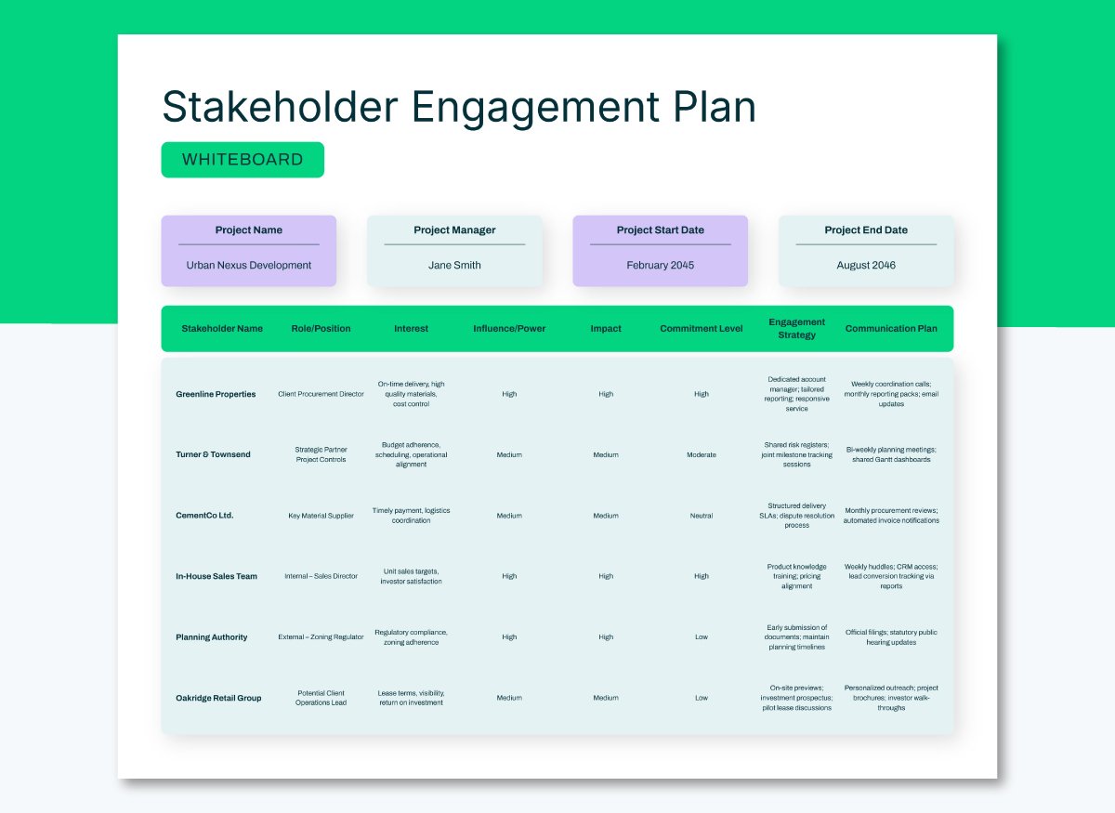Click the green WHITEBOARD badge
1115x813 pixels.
click(x=243, y=160)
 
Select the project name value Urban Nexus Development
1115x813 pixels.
click(x=249, y=265)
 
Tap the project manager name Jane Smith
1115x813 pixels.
click(x=454, y=265)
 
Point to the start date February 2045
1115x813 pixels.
click(x=661, y=265)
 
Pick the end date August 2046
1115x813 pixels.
click(x=866, y=265)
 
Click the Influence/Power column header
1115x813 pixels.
click(x=509, y=329)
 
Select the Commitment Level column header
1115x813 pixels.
click(x=702, y=329)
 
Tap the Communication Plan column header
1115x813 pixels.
click(x=891, y=329)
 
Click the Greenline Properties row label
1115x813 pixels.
click(x=216, y=394)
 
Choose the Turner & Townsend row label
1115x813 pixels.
click(x=213, y=454)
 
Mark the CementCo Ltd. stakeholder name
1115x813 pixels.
click(x=204, y=516)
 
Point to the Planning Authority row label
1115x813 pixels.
click(x=212, y=637)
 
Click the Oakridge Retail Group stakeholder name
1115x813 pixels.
click(x=218, y=698)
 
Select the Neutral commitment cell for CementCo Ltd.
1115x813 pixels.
click(x=702, y=516)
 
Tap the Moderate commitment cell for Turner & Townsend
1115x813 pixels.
click(x=702, y=454)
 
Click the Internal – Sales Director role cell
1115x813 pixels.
click(x=321, y=576)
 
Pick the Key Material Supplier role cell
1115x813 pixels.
click(x=321, y=516)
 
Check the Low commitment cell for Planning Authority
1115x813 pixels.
click(x=702, y=637)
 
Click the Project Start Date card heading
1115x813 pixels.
click(x=661, y=230)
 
